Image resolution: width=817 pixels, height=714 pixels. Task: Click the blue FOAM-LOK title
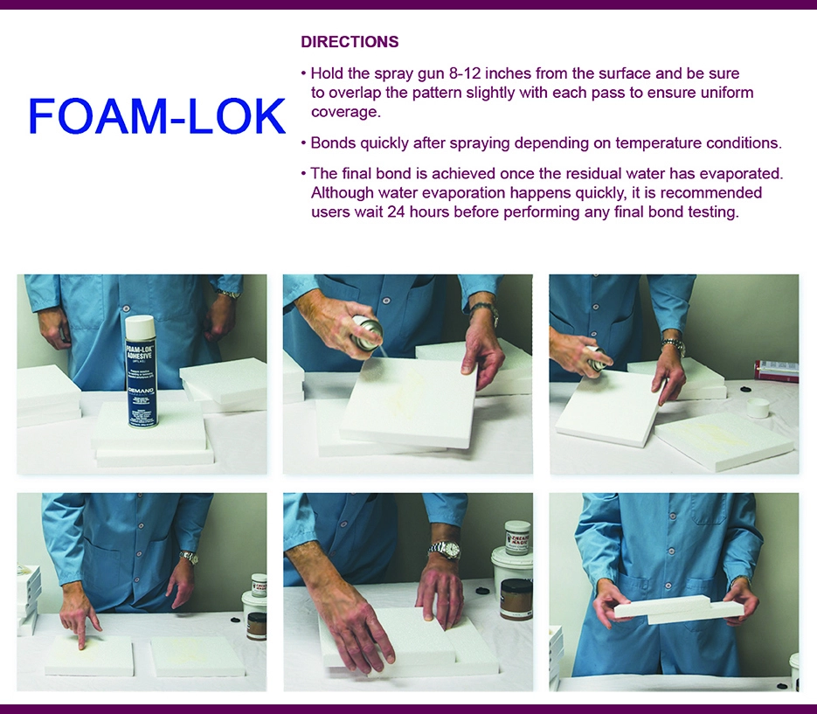[157, 116]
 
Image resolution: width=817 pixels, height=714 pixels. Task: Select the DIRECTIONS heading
[350, 42]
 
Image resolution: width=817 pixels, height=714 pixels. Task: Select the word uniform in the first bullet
[724, 93]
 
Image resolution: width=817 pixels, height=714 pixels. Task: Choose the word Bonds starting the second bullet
[333, 142]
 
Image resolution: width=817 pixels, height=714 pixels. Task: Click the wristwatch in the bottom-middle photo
[444, 551]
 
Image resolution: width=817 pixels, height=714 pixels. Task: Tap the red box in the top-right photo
[777, 370]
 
